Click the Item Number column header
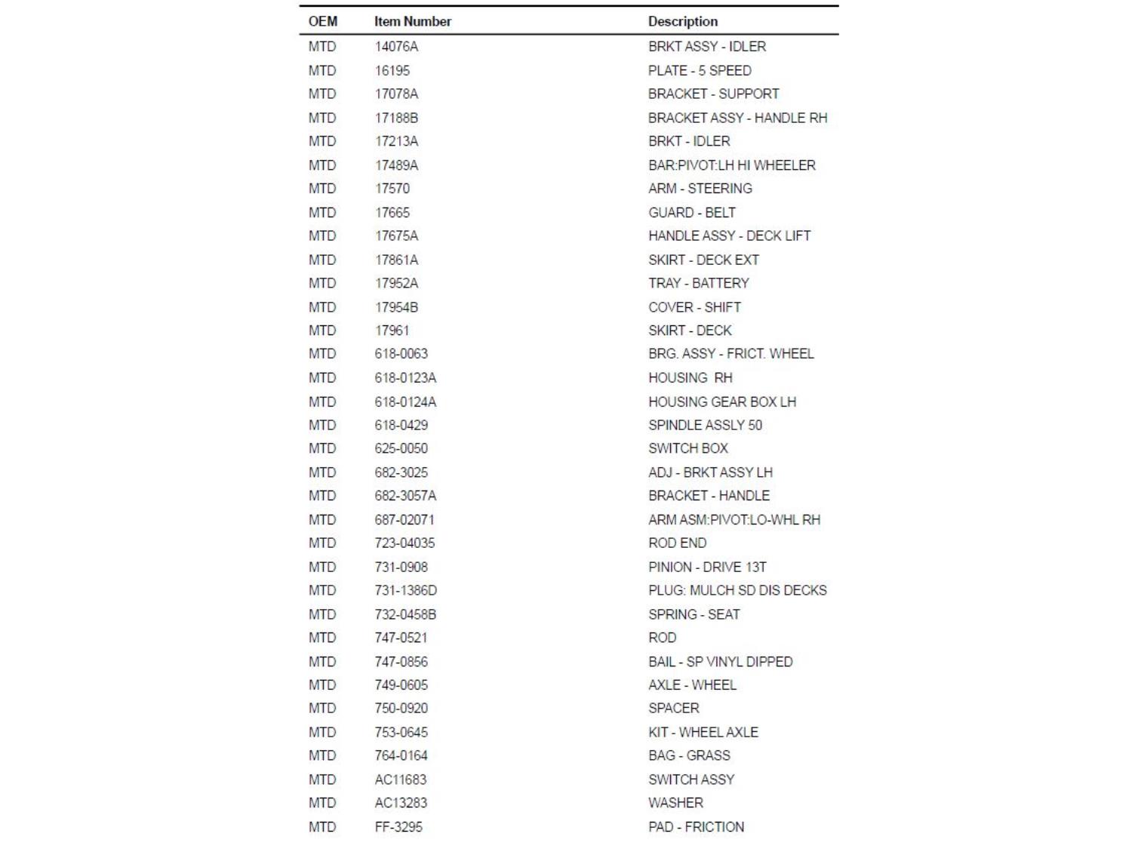(412, 21)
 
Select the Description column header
(682, 21)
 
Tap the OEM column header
(322, 21)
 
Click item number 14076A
(396, 46)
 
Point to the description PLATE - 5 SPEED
(699, 70)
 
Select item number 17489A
(396, 165)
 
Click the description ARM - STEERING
(700, 188)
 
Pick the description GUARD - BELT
(691, 212)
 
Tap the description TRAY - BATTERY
(698, 283)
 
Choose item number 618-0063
(401, 353)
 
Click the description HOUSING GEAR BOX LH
(721, 401)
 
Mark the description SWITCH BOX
(688, 448)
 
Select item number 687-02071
(404, 519)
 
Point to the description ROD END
(677, 543)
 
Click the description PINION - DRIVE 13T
(707, 567)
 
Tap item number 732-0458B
(405, 614)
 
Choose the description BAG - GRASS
(689, 755)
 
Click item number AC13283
(401, 802)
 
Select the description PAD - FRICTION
(696, 826)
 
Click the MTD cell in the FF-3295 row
(322, 826)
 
